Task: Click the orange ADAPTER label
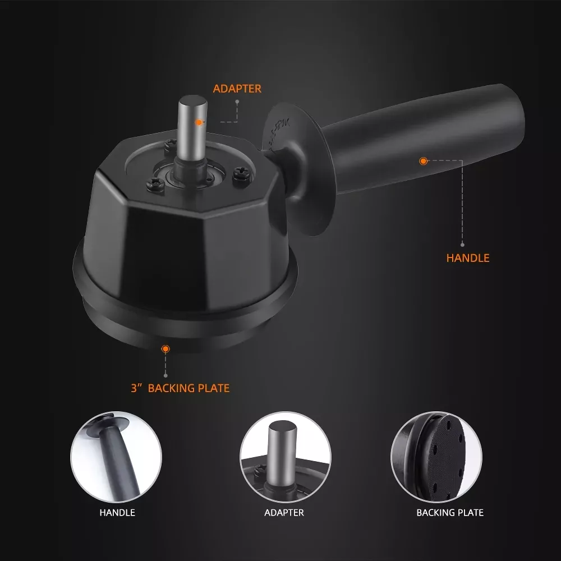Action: [x=237, y=89]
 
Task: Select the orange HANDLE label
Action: [x=468, y=258]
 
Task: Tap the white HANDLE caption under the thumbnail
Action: [x=117, y=512]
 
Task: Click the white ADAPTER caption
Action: [x=284, y=512]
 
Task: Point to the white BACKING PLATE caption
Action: [x=450, y=512]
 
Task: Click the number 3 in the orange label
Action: [x=134, y=388]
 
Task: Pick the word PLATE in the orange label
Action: [x=214, y=388]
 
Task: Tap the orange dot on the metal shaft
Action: [x=199, y=122]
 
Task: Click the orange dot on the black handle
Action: [x=423, y=161]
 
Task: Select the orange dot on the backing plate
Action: [x=165, y=349]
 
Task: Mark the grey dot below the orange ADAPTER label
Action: [x=237, y=102]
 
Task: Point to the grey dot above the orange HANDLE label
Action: [x=462, y=245]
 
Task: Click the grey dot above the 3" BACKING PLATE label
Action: [x=165, y=376]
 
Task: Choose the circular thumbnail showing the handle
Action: [x=116, y=457]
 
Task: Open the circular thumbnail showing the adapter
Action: [x=285, y=457]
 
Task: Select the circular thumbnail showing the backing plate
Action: [x=436, y=457]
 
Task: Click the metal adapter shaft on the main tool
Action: [x=192, y=129]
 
